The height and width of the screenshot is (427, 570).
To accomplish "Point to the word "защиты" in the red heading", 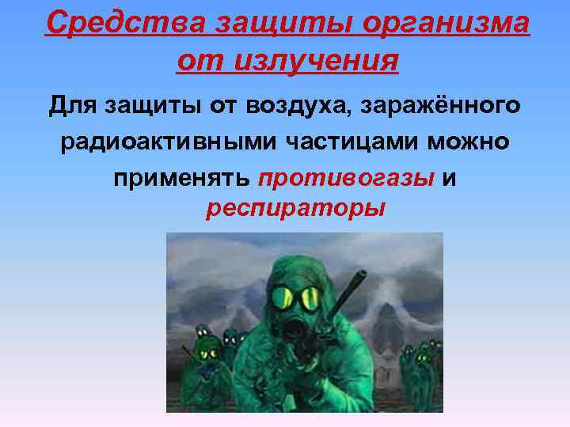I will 258,24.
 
